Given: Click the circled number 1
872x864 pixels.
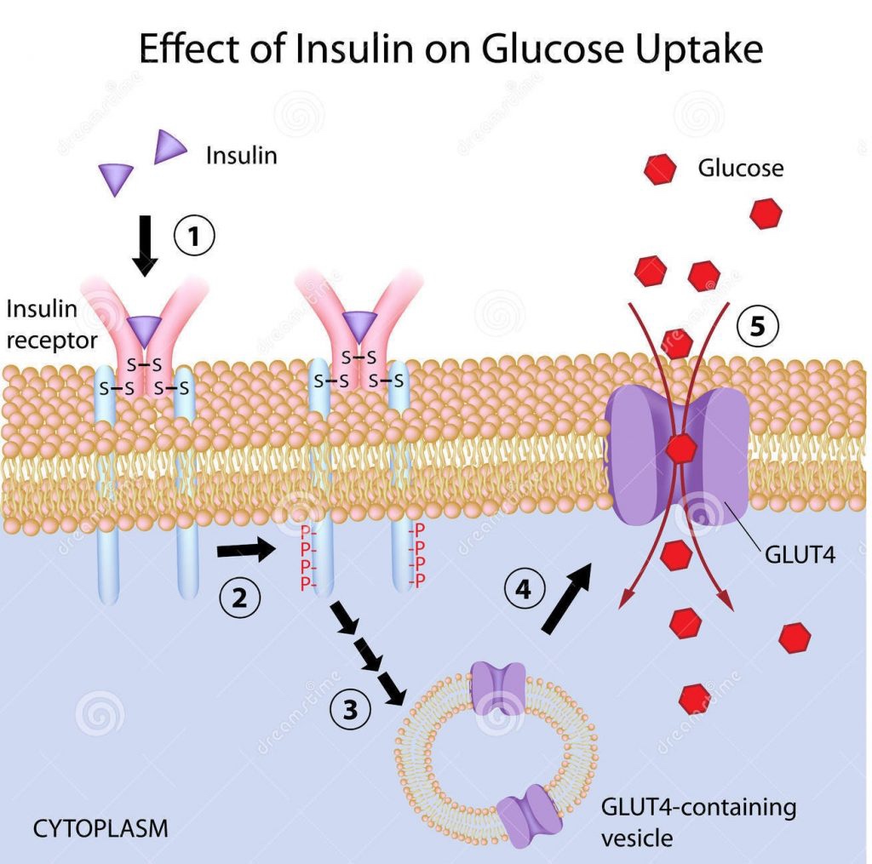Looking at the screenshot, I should point(194,236).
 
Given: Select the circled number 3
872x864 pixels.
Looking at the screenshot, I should point(350,709).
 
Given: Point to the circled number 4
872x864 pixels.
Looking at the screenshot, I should point(524,589).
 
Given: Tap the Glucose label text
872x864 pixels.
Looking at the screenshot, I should point(740,168).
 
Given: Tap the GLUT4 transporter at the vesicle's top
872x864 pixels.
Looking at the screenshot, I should point(498,687).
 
